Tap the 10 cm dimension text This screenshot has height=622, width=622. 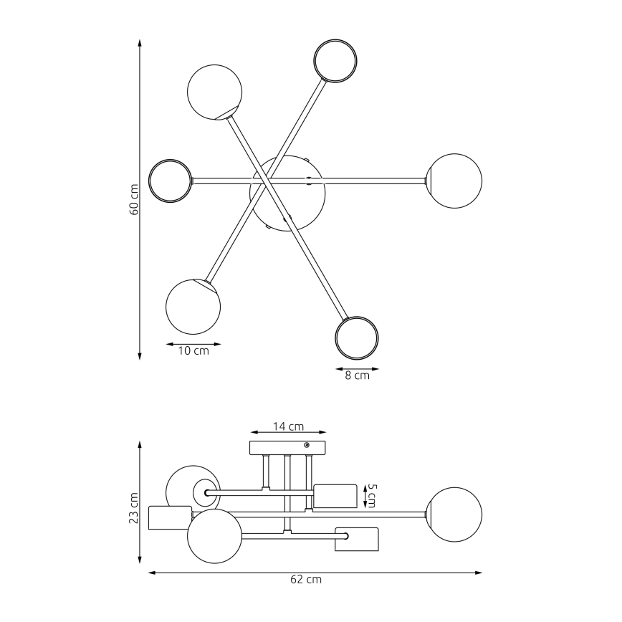(x=193, y=352)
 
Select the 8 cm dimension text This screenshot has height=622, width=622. (x=357, y=375)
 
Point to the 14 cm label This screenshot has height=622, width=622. (x=288, y=426)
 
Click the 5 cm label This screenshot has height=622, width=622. (x=370, y=495)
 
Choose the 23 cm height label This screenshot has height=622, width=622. (x=134, y=507)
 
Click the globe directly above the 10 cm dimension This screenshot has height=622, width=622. (x=193, y=307)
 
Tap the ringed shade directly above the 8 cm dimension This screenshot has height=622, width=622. (x=357, y=337)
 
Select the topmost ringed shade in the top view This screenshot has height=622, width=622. (x=335, y=60)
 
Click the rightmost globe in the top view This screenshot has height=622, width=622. (x=454, y=181)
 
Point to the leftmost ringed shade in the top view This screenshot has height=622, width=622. (x=170, y=180)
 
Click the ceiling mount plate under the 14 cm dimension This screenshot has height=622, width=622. (x=287, y=449)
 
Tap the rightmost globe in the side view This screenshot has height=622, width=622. (x=454, y=515)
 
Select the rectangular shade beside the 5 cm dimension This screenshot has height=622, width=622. (x=335, y=496)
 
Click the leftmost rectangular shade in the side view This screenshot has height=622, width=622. (x=169, y=517)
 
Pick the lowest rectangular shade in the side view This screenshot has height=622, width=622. (x=356, y=540)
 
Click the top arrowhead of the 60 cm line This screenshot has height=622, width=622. (x=140, y=42)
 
